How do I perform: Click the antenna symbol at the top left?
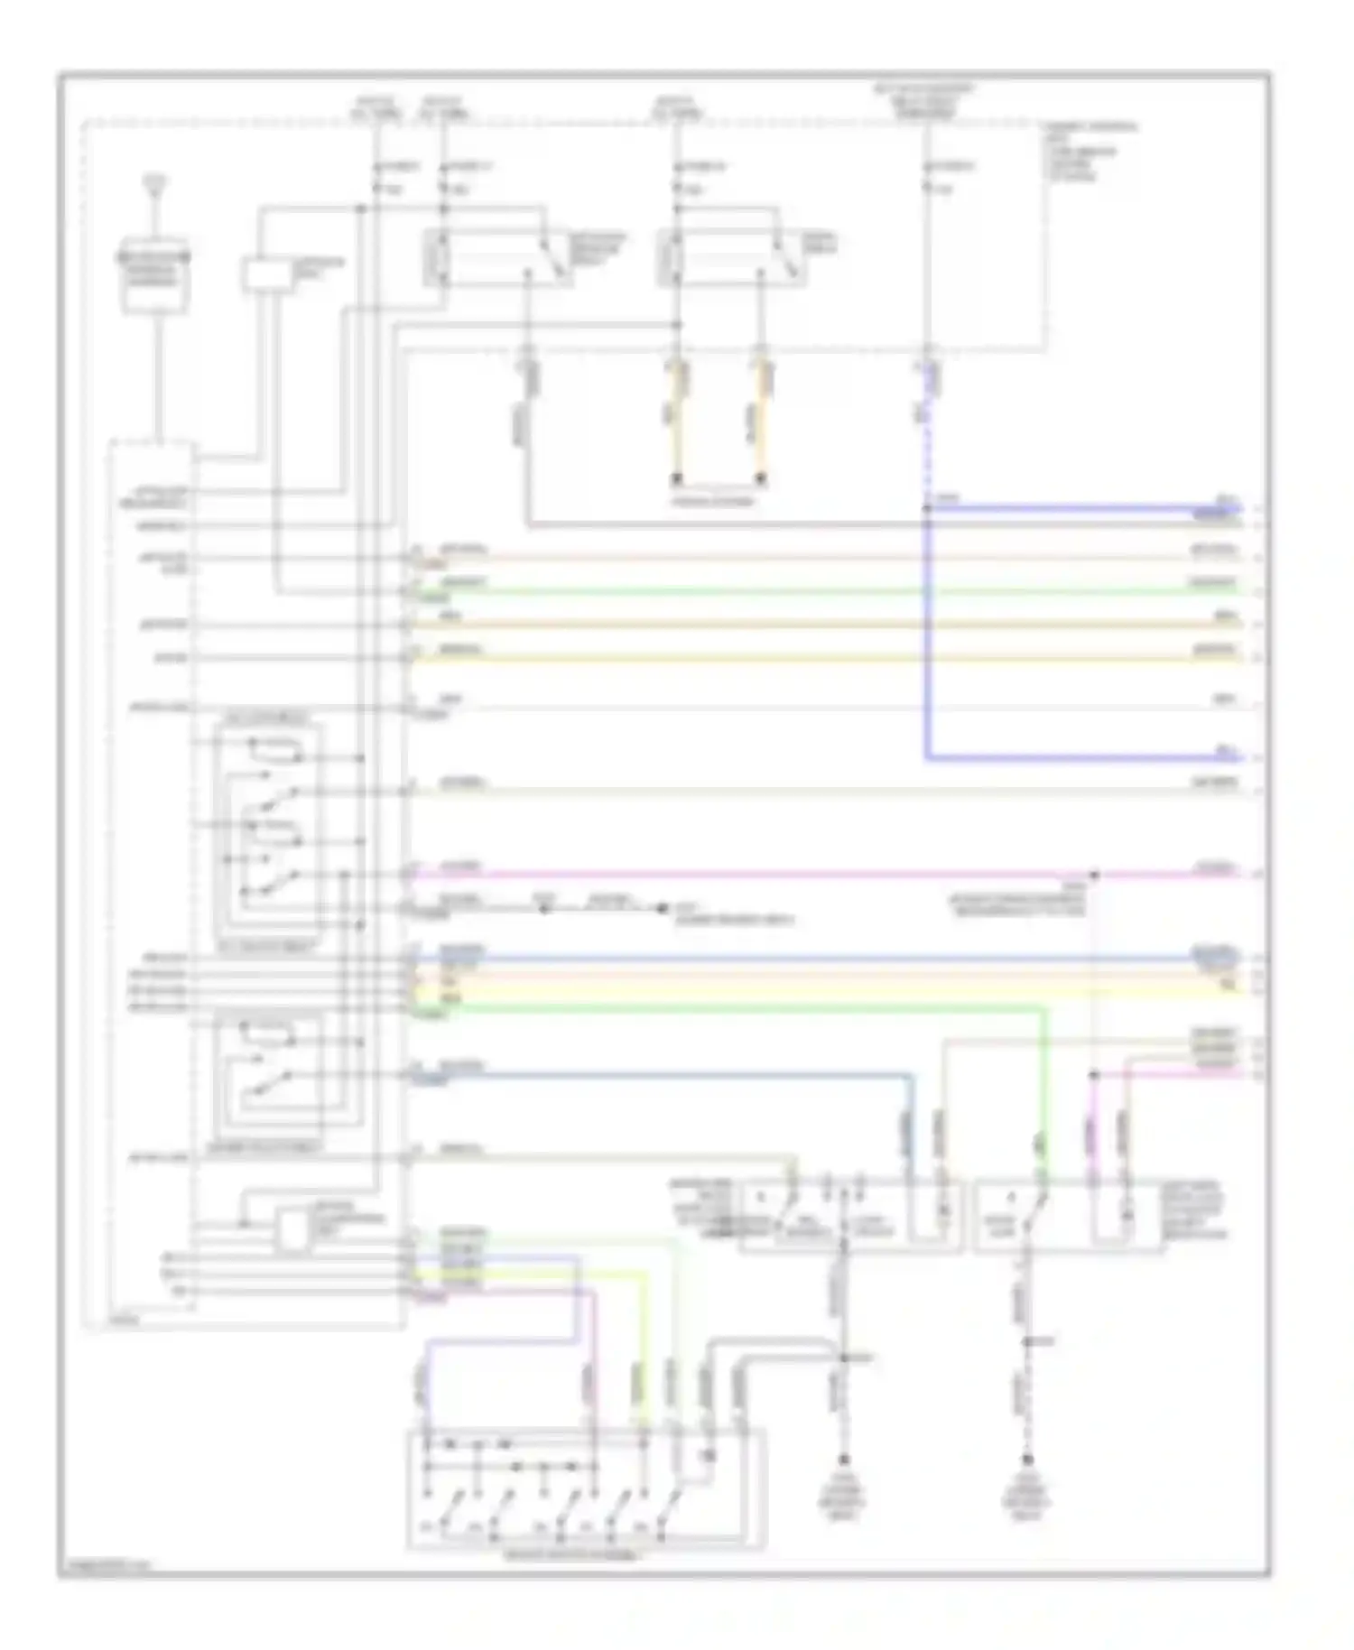pyautogui.click(x=157, y=186)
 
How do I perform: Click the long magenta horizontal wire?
pyautogui.click(x=722, y=875)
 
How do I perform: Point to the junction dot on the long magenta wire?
pyautogui.click(x=1093, y=875)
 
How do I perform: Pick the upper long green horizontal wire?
pyautogui.click(x=812, y=591)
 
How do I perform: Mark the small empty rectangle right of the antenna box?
pyautogui.click(x=265, y=274)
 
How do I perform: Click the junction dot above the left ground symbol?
pyautogui.click(x=844, y=1357)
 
